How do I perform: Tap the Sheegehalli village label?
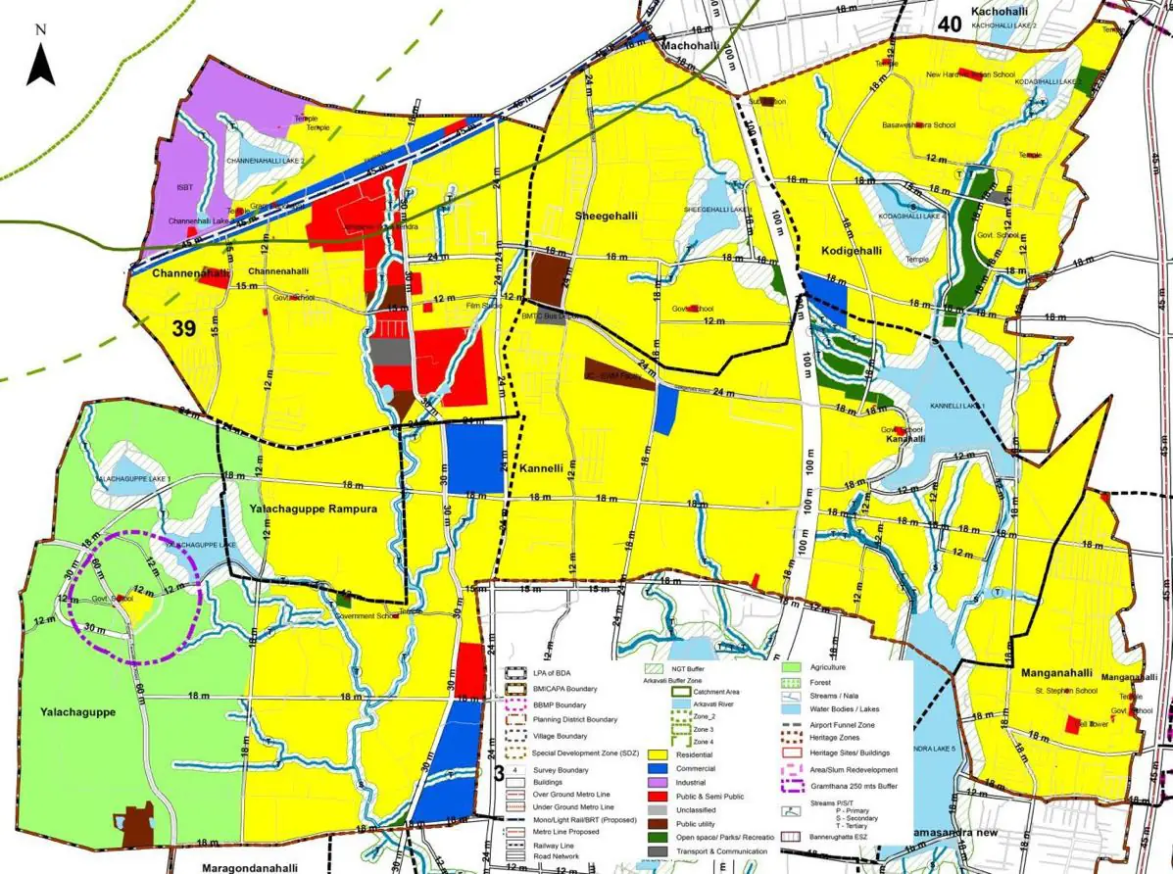[602, 214]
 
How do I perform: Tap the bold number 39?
[184, 328]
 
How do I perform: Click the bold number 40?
[948, 24]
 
